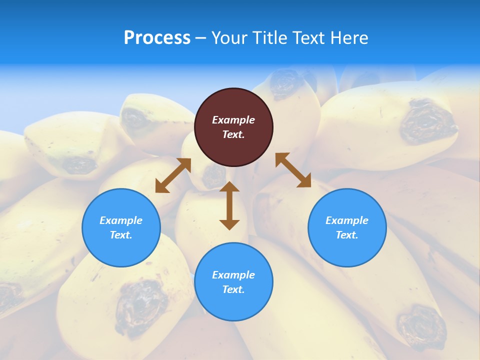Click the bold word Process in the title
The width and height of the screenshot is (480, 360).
click(157, 38)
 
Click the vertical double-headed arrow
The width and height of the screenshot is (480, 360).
click(229, 205)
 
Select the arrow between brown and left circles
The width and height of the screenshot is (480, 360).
click(173, 175)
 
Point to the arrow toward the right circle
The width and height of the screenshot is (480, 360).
click(293, 170)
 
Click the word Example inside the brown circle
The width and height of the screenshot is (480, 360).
click(233, 120)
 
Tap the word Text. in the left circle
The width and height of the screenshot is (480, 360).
click(121, 235)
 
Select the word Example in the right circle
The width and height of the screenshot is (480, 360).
click(347, 220)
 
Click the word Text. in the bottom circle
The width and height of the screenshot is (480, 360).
click(233, 289)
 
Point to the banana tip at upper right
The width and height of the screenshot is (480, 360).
click(428, 120)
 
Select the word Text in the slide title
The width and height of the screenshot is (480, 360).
click(307, 38)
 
